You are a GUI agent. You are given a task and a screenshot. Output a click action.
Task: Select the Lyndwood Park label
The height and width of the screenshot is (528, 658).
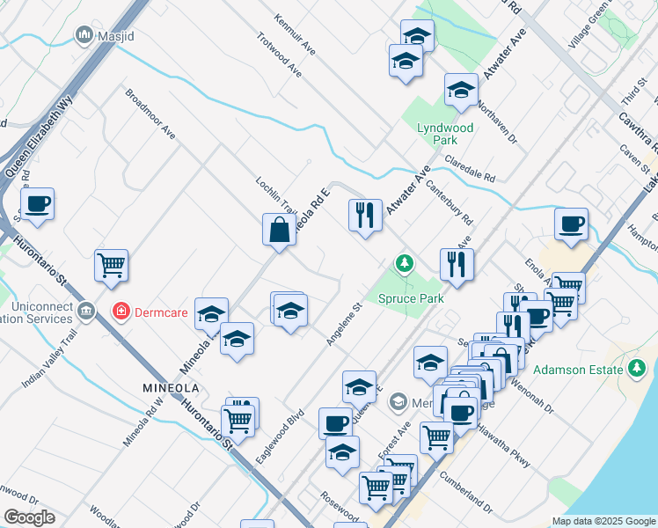pyautogui.click(x=445, y=134)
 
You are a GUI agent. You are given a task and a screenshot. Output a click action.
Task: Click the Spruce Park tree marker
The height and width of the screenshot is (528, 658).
pyautogui.click(x=405, y=263)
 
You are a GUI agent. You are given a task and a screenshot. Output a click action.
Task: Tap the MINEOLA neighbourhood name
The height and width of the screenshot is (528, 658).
pyautogui.click(x=171, y=388)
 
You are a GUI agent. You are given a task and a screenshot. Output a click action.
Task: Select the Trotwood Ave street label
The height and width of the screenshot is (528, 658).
pyautogui.click(x=280, y=55)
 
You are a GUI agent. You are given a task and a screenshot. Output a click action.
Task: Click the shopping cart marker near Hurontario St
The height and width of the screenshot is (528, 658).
pyautogui.click(x=112, y=265)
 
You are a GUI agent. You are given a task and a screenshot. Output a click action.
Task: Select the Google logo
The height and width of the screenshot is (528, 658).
pyautogui.click(x=29, y=517)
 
